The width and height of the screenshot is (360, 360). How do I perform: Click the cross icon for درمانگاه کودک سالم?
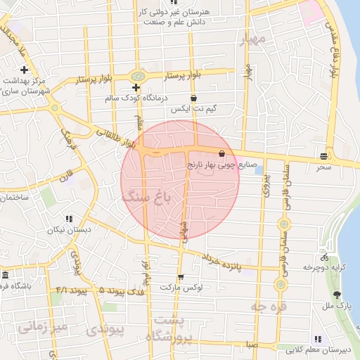tap(136, 88)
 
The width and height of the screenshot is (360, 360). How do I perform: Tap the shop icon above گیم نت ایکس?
tap(193, 98)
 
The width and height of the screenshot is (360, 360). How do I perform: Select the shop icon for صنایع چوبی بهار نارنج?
tap(222, 153)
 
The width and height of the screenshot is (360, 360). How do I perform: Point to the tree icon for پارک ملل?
tap(337, 295)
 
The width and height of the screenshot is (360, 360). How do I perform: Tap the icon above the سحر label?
tap(323, 156)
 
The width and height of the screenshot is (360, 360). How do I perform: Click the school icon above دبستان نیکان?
tap(68, 219)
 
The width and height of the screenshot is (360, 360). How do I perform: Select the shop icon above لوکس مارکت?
tap(181, 277)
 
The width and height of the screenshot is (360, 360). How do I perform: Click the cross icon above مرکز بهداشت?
tap(25, 70)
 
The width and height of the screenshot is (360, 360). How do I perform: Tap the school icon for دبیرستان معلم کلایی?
tap(319, 339)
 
